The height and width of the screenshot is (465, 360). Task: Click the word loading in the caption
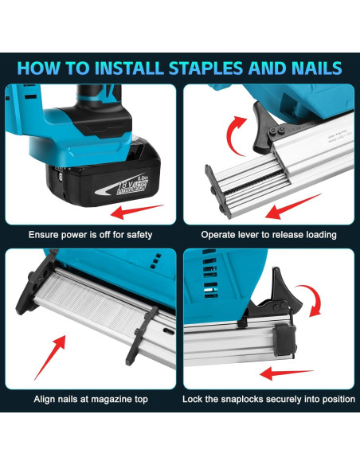point(317,235)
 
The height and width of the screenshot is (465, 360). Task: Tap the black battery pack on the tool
point(100,179)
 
